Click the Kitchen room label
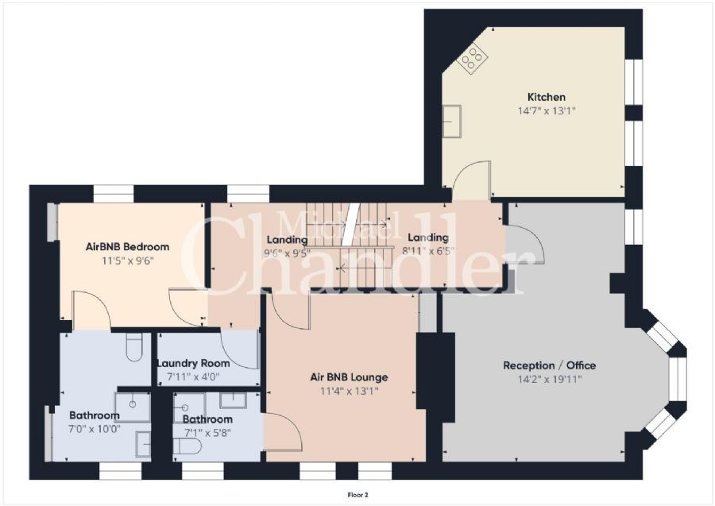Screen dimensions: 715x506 pos(547,97)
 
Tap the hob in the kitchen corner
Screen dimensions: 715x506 pos(473,57)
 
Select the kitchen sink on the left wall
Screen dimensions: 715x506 pos(452,121)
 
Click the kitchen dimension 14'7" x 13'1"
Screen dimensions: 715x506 pos(547,110)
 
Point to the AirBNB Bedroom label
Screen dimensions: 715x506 pos(127,246)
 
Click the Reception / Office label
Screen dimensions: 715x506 pos(550,365)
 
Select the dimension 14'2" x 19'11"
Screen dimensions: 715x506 pos(550,379)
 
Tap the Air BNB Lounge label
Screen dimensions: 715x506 pos(349,377)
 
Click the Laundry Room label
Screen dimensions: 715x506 pos(193,363)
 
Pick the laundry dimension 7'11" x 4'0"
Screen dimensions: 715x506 pos(193,377)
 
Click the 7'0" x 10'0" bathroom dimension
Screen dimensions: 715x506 pos(95,429)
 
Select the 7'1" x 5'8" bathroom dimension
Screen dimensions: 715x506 pos(207,432)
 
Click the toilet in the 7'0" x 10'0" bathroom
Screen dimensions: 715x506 pos(134,347)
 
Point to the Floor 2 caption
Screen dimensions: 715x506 pos(357,495)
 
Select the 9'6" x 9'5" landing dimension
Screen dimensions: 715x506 pos(288,253)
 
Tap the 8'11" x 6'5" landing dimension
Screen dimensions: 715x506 pos(428,251)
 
